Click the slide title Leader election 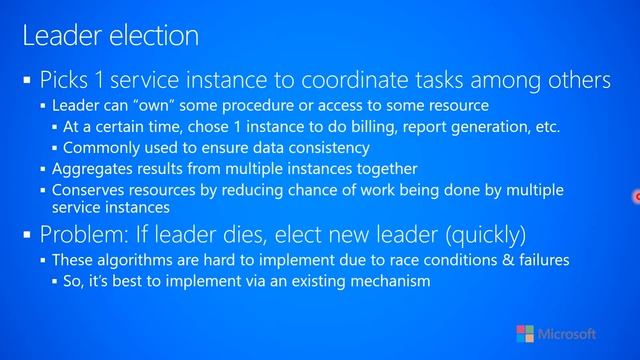[x=110, y=37]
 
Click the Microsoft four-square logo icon [x=525, y=334]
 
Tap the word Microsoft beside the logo [x=567, y=334]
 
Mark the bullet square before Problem [x=27, y=237]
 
